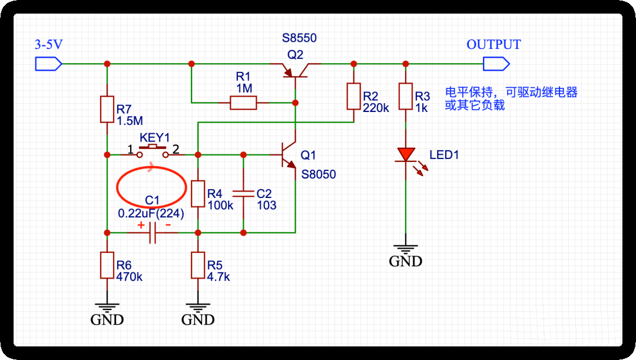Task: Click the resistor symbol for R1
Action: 243,103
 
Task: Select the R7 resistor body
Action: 107,109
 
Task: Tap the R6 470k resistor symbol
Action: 107,265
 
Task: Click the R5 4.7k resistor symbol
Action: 198,265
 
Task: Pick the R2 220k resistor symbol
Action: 353,97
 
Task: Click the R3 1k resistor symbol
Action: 405,97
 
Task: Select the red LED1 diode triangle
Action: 405,154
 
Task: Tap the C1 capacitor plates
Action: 153,232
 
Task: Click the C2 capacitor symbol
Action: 243,193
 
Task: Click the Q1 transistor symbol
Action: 289,156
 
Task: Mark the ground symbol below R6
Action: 107,307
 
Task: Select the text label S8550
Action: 299,38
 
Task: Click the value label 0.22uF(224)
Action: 151,214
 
